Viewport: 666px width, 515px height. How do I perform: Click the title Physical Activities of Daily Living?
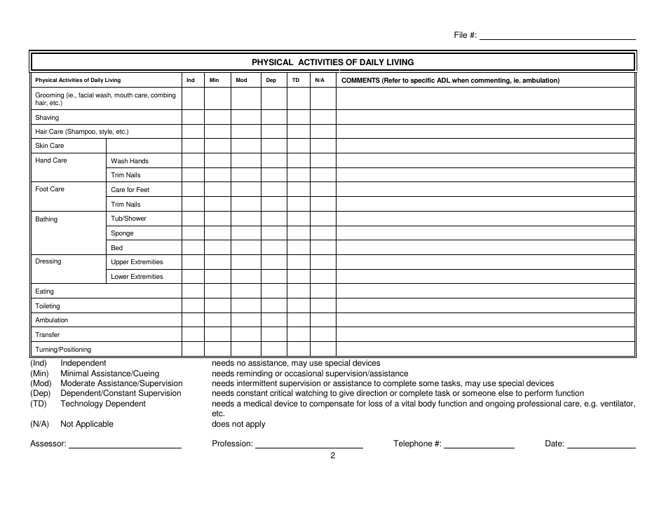[x=332, y=62]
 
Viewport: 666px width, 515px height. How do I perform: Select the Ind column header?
[x=191, y=81]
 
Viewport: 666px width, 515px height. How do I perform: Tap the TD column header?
[x=296, y=81]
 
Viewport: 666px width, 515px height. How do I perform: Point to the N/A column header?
[x=320, y=81]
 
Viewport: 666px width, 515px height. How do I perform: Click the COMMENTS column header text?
[x=450, y=81]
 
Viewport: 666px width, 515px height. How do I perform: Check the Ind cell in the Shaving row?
[x=193, y=118]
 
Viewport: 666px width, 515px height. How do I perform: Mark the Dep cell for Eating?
[x=273, y=291]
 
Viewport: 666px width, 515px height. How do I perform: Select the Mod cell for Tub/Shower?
[x=245, y=219]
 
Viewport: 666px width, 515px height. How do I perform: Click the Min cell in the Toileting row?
[x=217, y=306]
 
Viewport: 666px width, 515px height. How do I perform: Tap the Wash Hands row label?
[x=130, y=161]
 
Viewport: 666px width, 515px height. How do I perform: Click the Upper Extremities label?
[x=137, y=262]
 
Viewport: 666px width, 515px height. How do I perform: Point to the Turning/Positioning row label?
[x=63, y=350]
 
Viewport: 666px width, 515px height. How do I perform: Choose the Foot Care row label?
[x=50, y=189]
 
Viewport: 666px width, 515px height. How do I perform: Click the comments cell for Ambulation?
[x=485, y=320]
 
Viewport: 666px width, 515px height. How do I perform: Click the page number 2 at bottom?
[x=333, y=455]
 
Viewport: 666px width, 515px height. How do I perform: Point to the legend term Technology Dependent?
[x=103, y=404]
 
